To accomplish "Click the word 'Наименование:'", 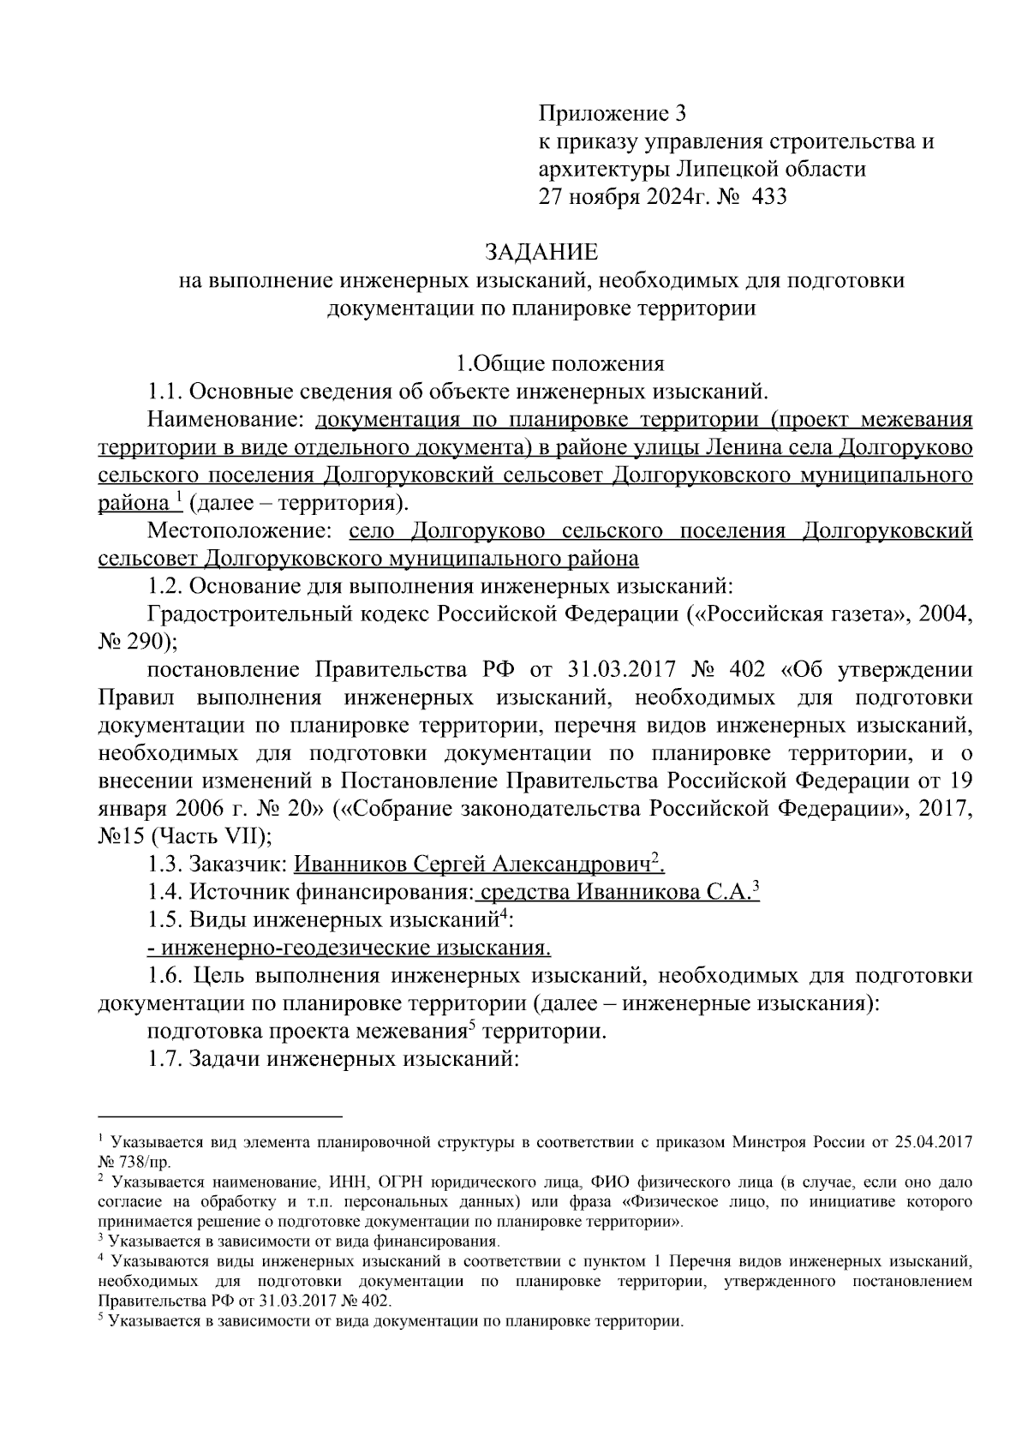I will (x=227, y=420).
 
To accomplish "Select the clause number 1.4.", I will (x=164, y=892).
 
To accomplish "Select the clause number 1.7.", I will (x=164, y=1059).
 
